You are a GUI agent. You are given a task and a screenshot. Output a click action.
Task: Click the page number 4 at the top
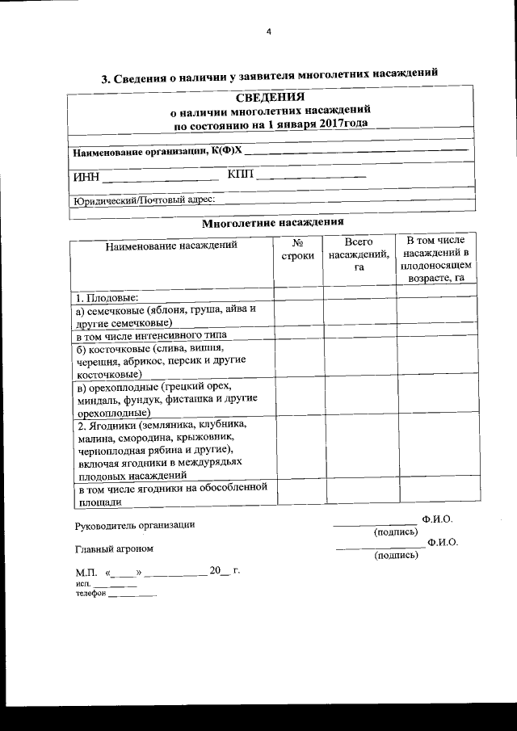(269, 32)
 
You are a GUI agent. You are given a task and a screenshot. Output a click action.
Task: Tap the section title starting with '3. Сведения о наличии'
(269, 77)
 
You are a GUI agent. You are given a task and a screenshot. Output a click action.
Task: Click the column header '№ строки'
(297, 249)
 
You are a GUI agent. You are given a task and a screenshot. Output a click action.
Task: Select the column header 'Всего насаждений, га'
(359, 255)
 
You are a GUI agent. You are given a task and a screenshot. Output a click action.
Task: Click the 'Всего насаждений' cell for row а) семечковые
(359, 314)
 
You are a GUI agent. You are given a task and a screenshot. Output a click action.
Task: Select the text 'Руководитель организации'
(135, 525)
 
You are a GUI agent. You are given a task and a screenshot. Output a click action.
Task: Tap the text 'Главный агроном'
(114, 549)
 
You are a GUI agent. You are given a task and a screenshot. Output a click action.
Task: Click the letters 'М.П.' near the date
(85, 573)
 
